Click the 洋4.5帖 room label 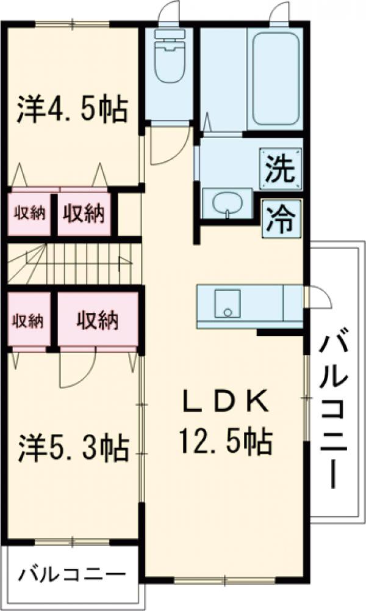(71, 109)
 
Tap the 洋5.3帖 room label (73, 448)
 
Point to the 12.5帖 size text (225, 439)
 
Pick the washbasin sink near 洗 (228, 203)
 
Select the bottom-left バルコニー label (71, 574)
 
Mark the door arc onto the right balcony (317, 298)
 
